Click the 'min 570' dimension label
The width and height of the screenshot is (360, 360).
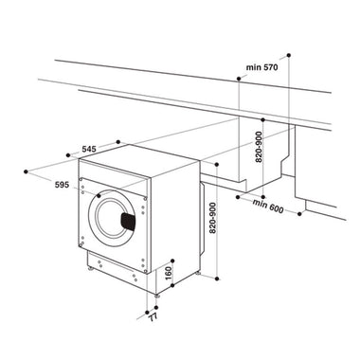pyautogui.click(x=262, y=67)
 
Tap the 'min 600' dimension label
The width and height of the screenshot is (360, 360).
pyautogui.click(x=268, y=206)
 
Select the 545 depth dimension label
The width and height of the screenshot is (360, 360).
pyautogui.click(x=89, y=149)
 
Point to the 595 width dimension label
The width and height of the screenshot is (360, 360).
pyautogui.click(x=62, y=185)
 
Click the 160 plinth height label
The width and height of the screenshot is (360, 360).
pyautogui.click(x=169, y=273)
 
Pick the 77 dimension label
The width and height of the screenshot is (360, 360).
pyautogui.click(x=153, y=316)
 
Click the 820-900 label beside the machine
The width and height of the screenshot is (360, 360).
pyautogui.click(x=213, y=218)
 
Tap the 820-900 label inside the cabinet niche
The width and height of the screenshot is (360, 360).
pyautogui.click(x=259, y=147)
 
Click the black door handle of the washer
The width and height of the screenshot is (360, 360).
pyautogui.click(x=128, y=222)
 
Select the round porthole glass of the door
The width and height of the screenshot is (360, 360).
pyautogui.click(x=111, y=219)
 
